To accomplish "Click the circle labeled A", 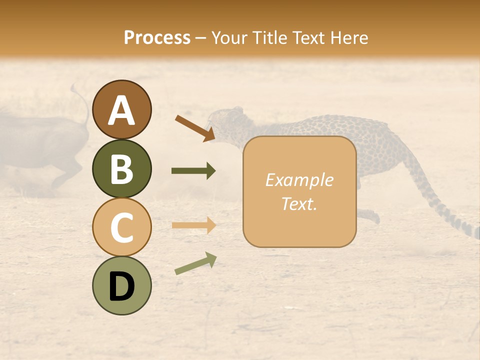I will (x=121, y=109).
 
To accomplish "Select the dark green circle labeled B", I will (x=121, y=168).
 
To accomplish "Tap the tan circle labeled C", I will (x=121, y=227).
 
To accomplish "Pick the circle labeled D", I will (x=121, y=285).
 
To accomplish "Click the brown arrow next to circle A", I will (x=195, y=128).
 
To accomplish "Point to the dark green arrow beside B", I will (x=193, y=171).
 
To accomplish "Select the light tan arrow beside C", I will (x=193, y=225).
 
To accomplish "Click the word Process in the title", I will (x=157, y=38).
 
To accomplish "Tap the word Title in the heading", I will (x=270, y=38).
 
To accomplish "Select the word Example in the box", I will (x=299, y=180).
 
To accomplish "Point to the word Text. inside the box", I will (x=299, y=203).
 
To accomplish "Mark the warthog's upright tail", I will (x=80, y=100).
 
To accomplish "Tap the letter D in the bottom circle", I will (x=121, y=286).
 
